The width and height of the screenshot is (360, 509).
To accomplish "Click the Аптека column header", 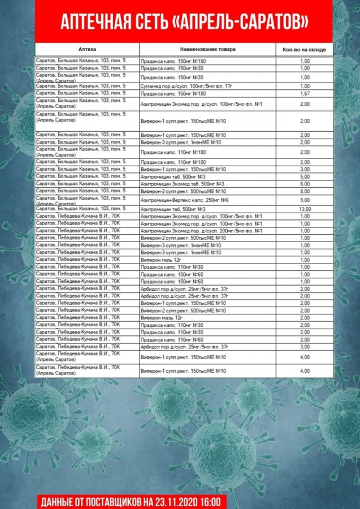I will (88, 50).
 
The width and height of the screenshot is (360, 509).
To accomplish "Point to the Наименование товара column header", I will (207, 50).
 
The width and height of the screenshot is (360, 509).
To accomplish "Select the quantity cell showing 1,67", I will (305, 94).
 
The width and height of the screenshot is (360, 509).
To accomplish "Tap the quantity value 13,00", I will (305, 209).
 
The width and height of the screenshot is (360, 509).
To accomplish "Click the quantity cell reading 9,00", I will (305, 200).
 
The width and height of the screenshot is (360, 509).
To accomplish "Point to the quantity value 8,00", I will (305, 191).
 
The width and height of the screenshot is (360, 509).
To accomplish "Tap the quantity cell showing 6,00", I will (305, 184).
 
